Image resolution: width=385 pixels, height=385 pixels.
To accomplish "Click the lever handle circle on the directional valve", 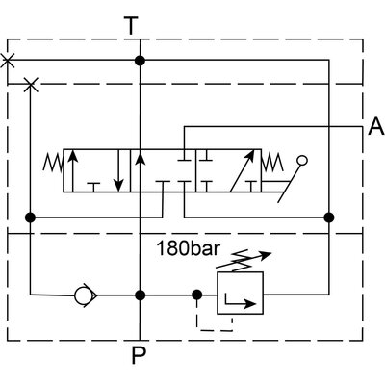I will coord(304,161).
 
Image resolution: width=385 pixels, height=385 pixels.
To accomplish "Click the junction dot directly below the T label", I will coord(141,61).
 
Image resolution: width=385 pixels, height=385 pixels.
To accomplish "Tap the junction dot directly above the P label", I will coord(141,295).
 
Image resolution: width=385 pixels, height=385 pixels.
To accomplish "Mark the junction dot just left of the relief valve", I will coord(197,295).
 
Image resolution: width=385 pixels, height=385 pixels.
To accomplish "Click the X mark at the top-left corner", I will coord(9,61).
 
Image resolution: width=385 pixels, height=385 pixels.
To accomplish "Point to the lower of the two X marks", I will coord(31,85).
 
